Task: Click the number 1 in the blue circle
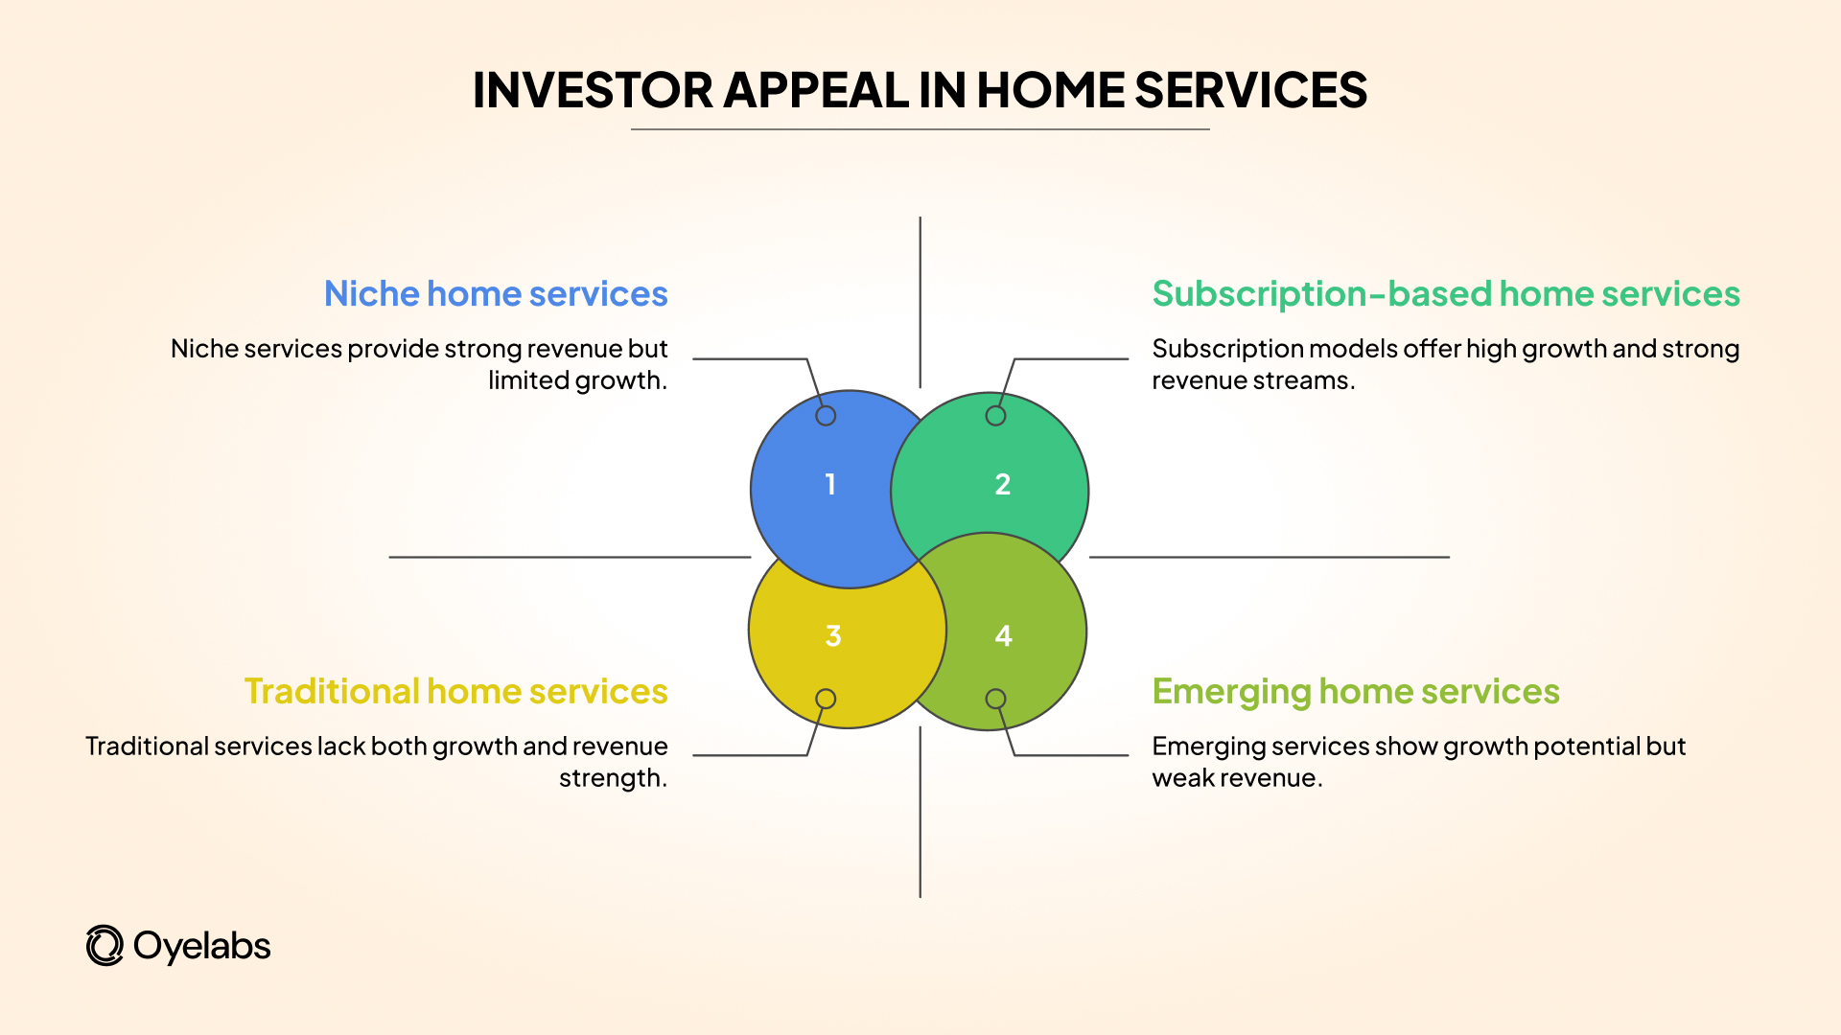click(x=830, y=484)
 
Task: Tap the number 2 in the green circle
click(x=1003, y=484)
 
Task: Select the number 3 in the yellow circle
click(x=833, y=635)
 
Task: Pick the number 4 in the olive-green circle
click(x=1004, y=635)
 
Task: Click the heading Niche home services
click(x=496, y=293)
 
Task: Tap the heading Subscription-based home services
click(x=1446, y=293)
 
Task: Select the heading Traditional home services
click(x=456, y=691)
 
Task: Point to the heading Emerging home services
click(x=1356, y=691)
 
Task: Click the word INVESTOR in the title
click(x=593, y=90)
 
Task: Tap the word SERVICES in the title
click(x=1250, y=90)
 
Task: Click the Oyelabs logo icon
click(x=105, y=946)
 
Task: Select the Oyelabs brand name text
click(x=202, y=946)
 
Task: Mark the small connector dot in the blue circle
click(x=826, y=416)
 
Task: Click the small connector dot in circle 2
click(x=996, y=416)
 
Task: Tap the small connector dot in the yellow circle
click(x=826, y=699)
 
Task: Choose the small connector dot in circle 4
click(x=996, y=699)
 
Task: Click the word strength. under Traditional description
click(x=613, y=778)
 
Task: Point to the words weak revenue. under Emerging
click(x=1237, y=778)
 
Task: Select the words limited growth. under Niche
click(x=577, y=380)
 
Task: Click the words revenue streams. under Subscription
click(x=1253, y=380)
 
